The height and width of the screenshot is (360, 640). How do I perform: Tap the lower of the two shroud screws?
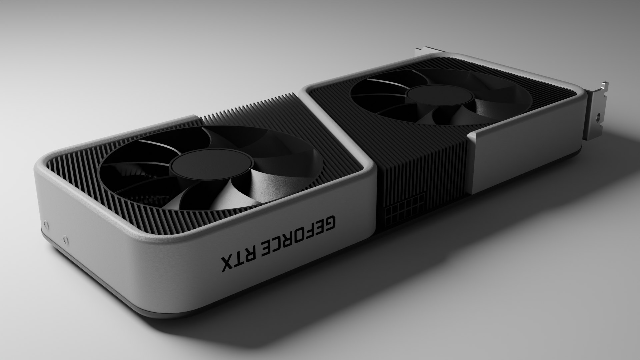click(65, 239)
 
